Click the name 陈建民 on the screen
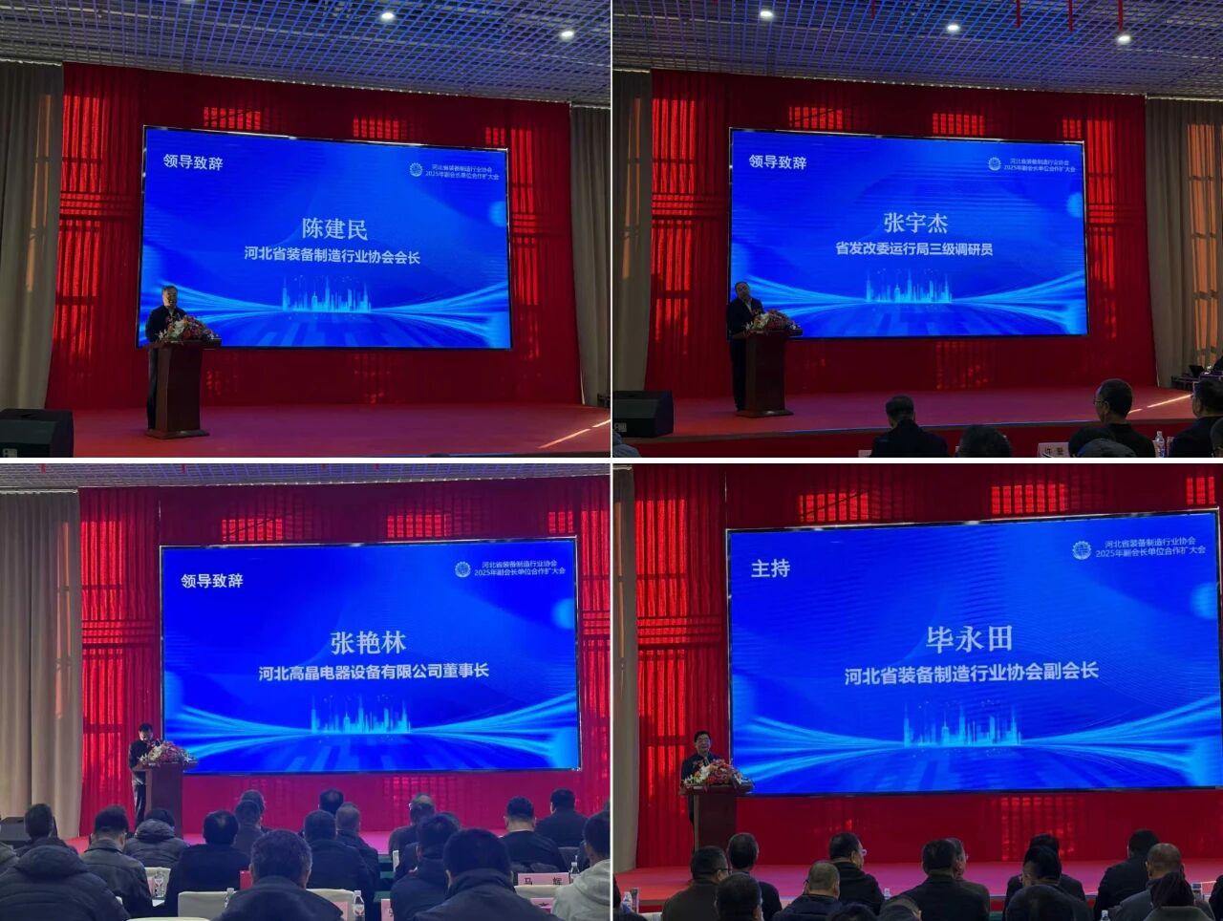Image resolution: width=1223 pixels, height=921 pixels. (x=334, y=228)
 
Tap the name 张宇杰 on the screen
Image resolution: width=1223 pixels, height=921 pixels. (x=915, y=223)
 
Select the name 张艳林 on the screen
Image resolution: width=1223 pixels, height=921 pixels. (x=368, y=642)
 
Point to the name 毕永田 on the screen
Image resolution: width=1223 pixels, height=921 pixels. (x=968, y=638)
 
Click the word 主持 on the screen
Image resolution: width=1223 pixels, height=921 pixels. (x=770, y=568)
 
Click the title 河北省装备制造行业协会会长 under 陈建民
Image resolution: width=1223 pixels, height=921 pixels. (x=332, y=256)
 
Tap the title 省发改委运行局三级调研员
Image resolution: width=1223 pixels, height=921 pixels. (x=914, y=249)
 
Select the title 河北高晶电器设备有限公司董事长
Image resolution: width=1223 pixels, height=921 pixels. (x=374, y=671)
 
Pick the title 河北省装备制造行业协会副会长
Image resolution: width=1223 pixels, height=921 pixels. (x=971, y=674)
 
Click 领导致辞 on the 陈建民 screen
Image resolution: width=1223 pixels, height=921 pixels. (x=193, y=161)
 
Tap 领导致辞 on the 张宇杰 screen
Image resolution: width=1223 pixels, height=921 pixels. (x=778, y=161)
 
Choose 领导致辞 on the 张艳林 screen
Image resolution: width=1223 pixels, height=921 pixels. (x=212, y=580)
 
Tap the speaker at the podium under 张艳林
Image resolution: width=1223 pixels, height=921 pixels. (x=140, y=760)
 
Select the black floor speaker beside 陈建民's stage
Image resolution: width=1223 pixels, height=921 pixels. (x=35, y=433)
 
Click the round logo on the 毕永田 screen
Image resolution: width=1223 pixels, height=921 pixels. (x=1082, y=549)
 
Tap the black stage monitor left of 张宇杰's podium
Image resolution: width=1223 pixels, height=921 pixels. (x=642, y=413)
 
